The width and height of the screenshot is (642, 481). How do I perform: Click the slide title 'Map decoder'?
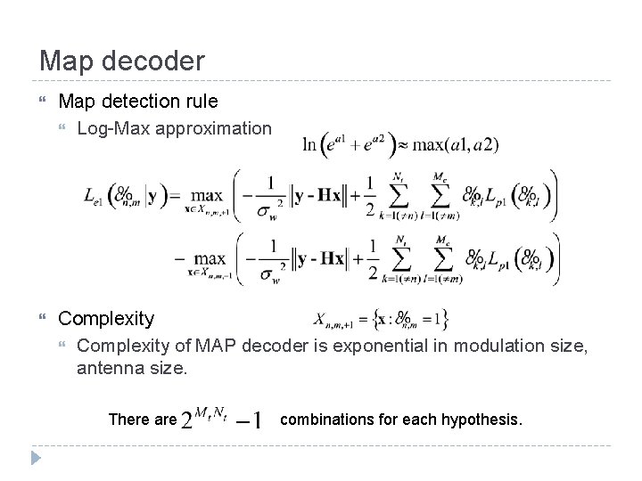tap(121, 61)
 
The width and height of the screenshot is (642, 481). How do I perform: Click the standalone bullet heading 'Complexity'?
tap(106, 318)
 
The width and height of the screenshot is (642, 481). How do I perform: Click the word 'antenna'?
tap(109, 366)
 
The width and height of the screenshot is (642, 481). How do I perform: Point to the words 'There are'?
tap(142, 419)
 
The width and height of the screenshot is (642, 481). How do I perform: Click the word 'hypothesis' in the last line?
tap(481, 418)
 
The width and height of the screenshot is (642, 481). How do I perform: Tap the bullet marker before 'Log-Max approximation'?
tap(64, 129)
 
